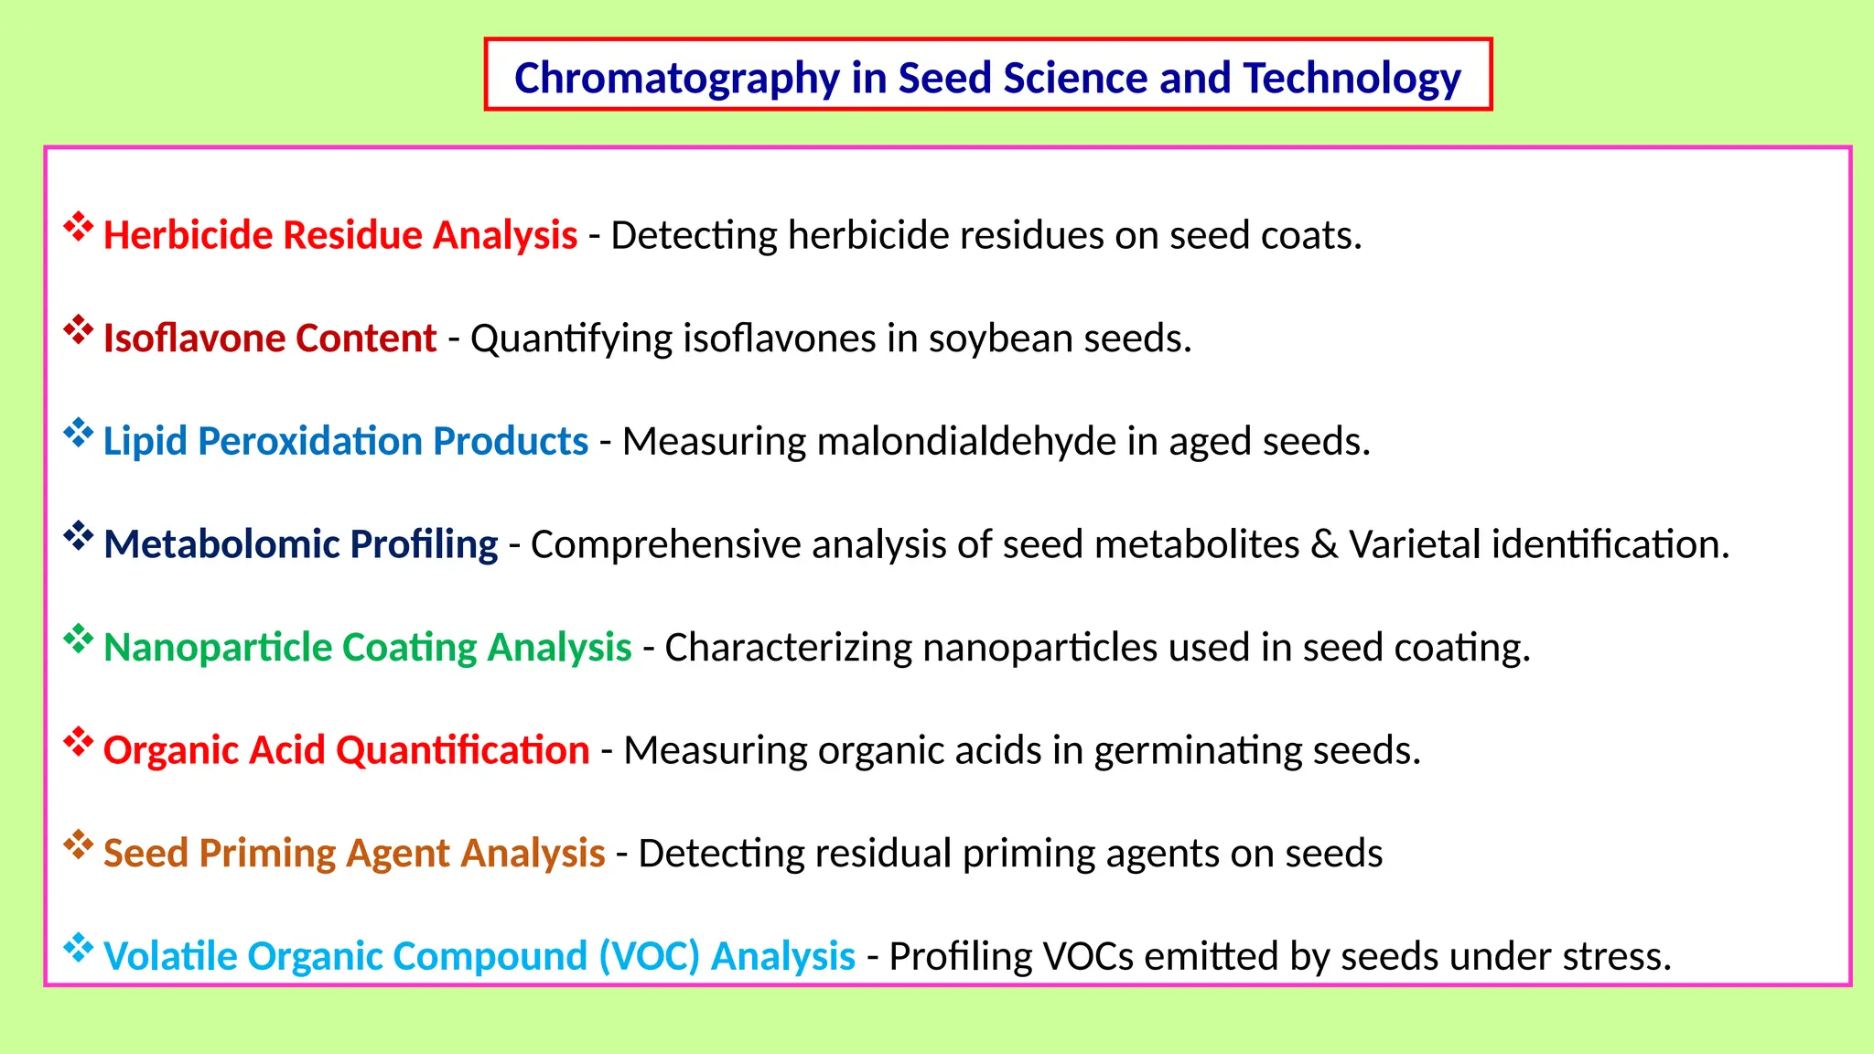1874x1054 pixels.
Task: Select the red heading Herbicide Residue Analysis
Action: pos(339,235)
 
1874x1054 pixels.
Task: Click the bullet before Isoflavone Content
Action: pos(79,330)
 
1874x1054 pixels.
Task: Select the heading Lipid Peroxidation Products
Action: pos(345,442)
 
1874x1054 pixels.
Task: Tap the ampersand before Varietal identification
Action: pos(1323,544)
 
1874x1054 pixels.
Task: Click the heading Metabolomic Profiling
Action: pos(300,544)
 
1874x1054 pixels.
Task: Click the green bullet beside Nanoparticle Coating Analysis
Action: pos(79,640)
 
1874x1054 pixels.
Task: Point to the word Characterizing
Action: pos(788,648)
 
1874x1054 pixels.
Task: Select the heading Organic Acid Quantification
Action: pos(346,750)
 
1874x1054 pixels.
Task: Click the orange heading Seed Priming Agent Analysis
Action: pos(353,854)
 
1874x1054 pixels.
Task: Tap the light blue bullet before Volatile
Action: pos(79,948)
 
